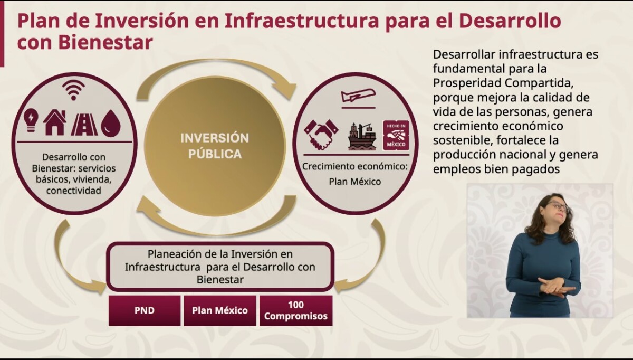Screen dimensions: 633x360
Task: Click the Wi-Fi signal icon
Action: (73, 90)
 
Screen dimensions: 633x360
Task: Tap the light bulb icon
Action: (31, 120)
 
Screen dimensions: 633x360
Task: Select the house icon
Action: (55, 122)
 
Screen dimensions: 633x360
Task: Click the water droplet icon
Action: (111, 123)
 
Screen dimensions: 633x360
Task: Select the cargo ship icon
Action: (362, 136)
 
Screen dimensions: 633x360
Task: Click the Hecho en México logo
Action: (396, 135)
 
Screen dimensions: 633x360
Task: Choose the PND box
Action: (145, 310)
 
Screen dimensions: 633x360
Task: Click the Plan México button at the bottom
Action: (220, 310)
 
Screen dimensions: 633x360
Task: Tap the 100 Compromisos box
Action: (296, 310)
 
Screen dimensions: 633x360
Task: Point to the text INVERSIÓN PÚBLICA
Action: (215, 146)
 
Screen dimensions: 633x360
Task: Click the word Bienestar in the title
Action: (105, 42)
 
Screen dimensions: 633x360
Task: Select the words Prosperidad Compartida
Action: (503, 83)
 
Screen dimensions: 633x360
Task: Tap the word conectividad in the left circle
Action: (74, 191)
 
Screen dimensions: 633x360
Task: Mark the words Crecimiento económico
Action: (354, 167)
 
